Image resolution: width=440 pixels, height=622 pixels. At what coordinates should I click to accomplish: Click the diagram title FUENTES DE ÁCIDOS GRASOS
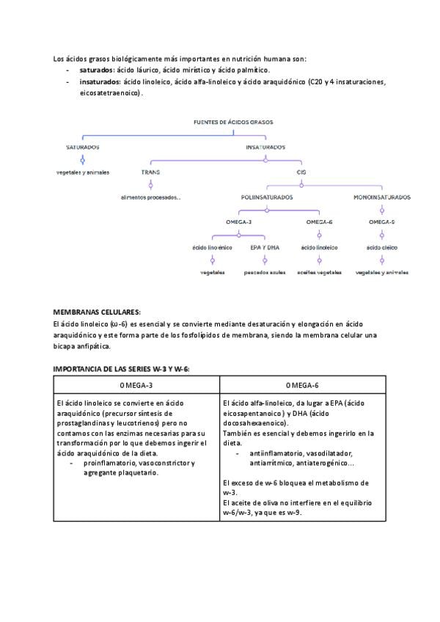coord(233,123)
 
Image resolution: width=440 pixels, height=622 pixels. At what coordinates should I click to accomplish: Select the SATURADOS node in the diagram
coord(82,147)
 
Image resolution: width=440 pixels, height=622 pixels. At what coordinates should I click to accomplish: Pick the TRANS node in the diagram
coord(150,172)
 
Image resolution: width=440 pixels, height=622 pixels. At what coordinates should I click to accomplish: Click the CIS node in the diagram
coord(301,172)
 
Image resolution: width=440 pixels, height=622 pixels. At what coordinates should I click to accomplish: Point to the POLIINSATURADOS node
coord(267,197)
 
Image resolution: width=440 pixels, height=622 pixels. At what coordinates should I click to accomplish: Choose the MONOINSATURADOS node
coord(381,197)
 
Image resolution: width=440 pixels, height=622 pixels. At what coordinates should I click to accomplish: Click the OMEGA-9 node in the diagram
coord(381,222)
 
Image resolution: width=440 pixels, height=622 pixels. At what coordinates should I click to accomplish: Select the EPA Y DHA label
coord(265,247)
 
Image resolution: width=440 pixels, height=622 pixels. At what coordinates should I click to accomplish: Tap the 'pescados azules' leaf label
coord(265,272)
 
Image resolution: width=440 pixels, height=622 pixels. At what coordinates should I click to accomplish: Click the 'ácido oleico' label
coord(381,247)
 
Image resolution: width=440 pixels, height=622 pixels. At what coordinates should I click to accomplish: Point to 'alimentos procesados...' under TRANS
coord(151,197)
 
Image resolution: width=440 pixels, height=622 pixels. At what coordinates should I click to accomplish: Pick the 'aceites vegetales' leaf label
coord(319,272)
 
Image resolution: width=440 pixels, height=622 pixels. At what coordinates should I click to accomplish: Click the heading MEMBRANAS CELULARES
coord(97,312)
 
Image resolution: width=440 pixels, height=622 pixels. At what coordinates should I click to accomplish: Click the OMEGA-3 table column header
coord(136,384)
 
